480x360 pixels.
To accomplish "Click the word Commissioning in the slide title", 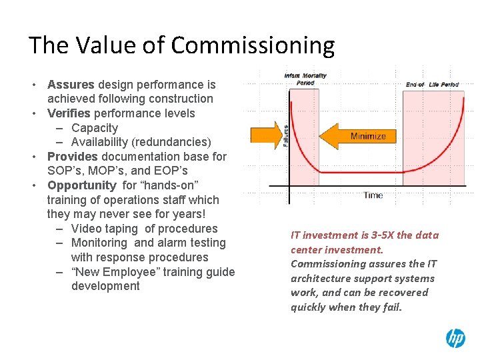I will point(253,45).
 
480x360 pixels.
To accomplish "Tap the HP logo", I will point(455,338).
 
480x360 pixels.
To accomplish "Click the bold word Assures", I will point(71,85).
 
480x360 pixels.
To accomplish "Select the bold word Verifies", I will point(69,113).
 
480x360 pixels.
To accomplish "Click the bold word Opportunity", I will point(81,185).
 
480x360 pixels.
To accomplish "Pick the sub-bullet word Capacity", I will point(95,128).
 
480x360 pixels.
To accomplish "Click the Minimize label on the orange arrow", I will point(368,136).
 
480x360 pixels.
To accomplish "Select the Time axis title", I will point(373,195).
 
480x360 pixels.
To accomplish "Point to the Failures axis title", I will point(286,135).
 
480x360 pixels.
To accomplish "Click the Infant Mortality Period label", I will point(305,79).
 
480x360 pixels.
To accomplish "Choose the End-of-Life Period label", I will point(431,85).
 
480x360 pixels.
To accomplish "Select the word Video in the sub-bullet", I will point(86,229).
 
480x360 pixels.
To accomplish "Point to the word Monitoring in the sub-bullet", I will point(99,243).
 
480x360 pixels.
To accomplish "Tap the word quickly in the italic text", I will point(309,307).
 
